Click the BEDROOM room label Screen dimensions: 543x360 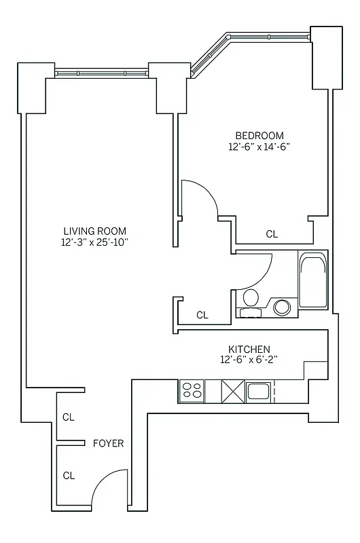pos(259,135)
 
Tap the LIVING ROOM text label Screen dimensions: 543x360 pos(94,231)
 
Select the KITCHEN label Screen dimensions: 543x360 pos(249,348)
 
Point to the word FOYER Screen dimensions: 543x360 pos(108,443)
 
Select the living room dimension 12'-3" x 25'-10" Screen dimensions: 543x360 pos(94,242)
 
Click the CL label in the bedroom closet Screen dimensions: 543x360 pos(272,234)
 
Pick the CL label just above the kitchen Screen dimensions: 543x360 pos(202,315)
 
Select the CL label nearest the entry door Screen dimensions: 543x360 pos(69,475)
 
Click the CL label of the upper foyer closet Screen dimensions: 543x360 pos(69,417)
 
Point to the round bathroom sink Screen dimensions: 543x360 pos(282,307)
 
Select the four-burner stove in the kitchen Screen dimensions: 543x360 pos(192,391)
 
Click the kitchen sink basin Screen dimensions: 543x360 pos(259,391)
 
